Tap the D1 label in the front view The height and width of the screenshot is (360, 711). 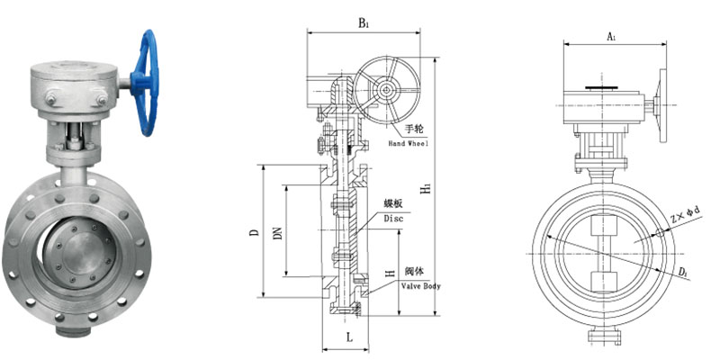(x=685, y=270)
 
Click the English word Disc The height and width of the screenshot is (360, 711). (x=392, y=218)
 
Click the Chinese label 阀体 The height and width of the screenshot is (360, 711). (x=414, y=272)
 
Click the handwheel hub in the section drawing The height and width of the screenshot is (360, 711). (x=385, y=90)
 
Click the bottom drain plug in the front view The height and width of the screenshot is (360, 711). (x=602, y=337)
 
